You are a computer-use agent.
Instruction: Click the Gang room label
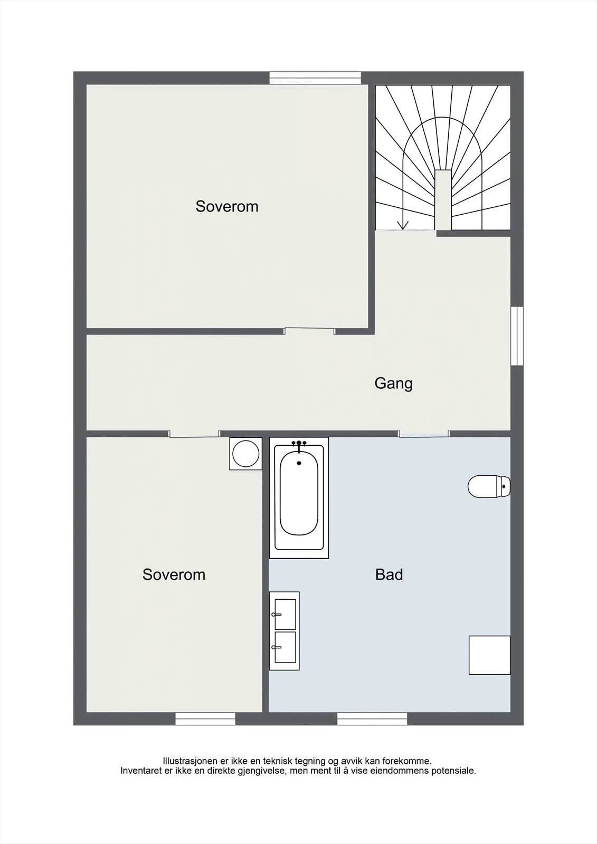pos(393,383)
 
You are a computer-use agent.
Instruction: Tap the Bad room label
pos(389,574)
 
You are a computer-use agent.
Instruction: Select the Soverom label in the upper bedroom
pos(226,206)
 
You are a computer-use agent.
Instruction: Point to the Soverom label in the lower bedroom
pos(174,574)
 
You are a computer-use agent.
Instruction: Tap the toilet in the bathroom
pos(489,486)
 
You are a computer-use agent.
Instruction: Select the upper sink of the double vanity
pos(285,614)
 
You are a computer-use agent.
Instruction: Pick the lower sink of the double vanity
pos(285,647)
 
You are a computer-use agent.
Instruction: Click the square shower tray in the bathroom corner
pos(489,655)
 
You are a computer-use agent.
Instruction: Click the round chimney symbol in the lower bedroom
pos(246,454)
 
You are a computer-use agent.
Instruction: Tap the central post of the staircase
pos(443,200)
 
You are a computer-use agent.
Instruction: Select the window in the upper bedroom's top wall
pos(315,78)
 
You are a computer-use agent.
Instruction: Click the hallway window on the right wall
pos(517,335)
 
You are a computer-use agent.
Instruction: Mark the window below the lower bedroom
pos(205,719)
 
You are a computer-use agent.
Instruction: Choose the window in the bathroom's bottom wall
pos(372,719)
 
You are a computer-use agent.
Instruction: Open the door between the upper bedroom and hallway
pos(310,331)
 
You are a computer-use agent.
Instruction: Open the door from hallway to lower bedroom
pos(194,434)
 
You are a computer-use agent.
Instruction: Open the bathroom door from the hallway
pos(424,434)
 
